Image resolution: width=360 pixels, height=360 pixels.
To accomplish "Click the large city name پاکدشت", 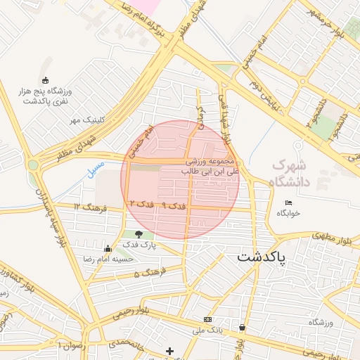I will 260,257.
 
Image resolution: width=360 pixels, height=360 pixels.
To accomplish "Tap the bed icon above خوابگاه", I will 288,202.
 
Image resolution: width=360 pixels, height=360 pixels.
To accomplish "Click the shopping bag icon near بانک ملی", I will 243,327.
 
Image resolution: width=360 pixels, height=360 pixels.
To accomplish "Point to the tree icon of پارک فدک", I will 139,234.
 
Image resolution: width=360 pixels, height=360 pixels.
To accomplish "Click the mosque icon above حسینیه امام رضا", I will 108,248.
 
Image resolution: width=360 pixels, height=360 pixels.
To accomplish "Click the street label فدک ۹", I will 174,205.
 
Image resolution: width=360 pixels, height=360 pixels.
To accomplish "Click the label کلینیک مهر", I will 85,120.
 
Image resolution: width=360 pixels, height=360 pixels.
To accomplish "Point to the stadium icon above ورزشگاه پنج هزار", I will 46,80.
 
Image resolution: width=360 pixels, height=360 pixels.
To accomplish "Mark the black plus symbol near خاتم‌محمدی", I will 169,350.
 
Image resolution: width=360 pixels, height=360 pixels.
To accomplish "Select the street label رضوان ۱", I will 70,346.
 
